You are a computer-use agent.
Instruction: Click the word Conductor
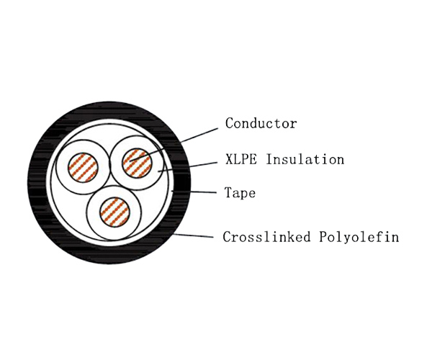point(261,123)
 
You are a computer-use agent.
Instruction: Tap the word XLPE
point(240,159)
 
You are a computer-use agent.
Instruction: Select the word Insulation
point(305,159)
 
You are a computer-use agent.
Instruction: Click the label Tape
point(240,193)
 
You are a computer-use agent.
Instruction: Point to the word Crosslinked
point(266,237)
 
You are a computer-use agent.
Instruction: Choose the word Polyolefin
point(359,237)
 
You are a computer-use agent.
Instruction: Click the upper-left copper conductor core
point(83,168)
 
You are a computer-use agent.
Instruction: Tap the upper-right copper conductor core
point(138,163)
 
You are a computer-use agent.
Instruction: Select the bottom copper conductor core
point(114,212)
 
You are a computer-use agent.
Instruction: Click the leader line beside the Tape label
point(194,192)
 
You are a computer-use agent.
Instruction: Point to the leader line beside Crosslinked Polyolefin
point(194,235)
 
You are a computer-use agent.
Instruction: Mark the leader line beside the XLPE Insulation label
point(187,167)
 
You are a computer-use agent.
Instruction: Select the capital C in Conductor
point(230,123)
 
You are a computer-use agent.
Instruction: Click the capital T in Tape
point(228,192)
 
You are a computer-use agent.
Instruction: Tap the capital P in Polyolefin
point(324,236)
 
